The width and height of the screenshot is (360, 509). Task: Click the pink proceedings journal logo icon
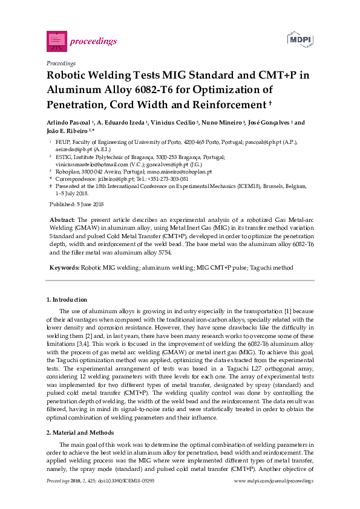[x=56, y=41]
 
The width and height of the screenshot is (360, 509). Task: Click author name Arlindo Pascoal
[x=70, y=122]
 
